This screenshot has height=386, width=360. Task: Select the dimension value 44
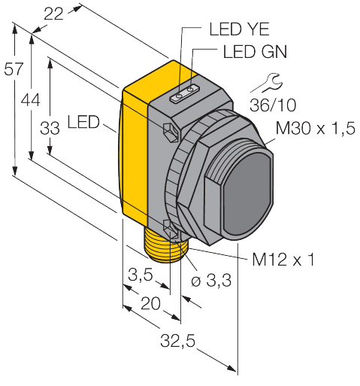[31, 99]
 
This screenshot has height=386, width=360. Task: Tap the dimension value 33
[50, 129]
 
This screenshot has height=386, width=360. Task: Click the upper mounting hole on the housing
[171, 132]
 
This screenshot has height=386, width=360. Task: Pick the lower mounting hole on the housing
[171, 223]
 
